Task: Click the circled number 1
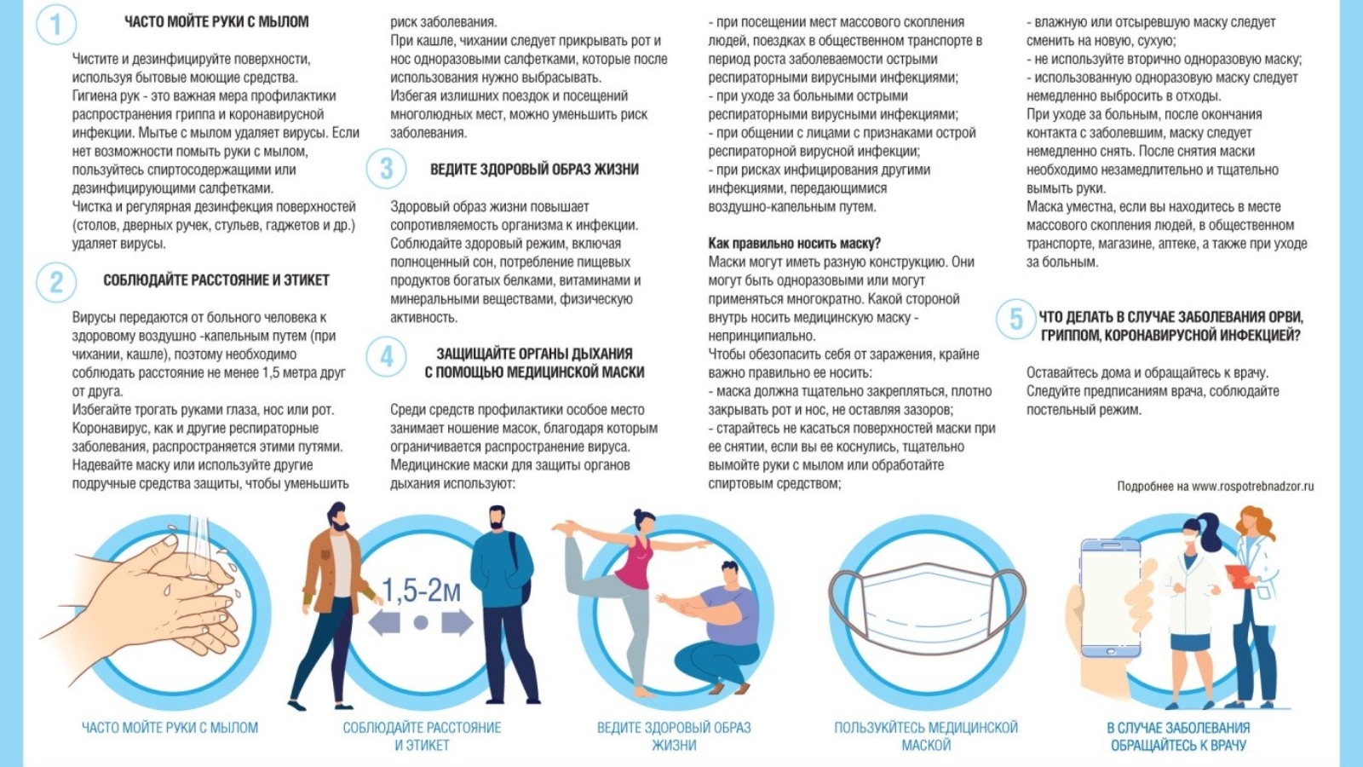coord(56,24)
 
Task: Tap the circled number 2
coord(56,281)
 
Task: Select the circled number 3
coord(386,170)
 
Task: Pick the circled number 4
coord(386,355)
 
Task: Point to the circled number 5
coord(1015,320)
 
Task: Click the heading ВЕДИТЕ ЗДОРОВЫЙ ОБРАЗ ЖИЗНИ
coord(534,170)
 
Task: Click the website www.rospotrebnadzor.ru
coord(1252,487)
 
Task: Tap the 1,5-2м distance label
coord(421,591)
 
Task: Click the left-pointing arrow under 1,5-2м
coord(384,623)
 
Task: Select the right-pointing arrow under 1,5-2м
coord(457,623)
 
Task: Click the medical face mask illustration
coord(927,608)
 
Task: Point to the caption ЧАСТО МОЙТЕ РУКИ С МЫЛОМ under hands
coord(170,728)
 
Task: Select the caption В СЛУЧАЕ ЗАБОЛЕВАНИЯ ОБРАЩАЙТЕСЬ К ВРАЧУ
coord(1178,736)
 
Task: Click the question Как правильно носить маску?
coord(794,244)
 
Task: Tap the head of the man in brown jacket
coord(338,516)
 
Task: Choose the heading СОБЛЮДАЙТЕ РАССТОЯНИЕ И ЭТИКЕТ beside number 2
coord(216,280)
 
